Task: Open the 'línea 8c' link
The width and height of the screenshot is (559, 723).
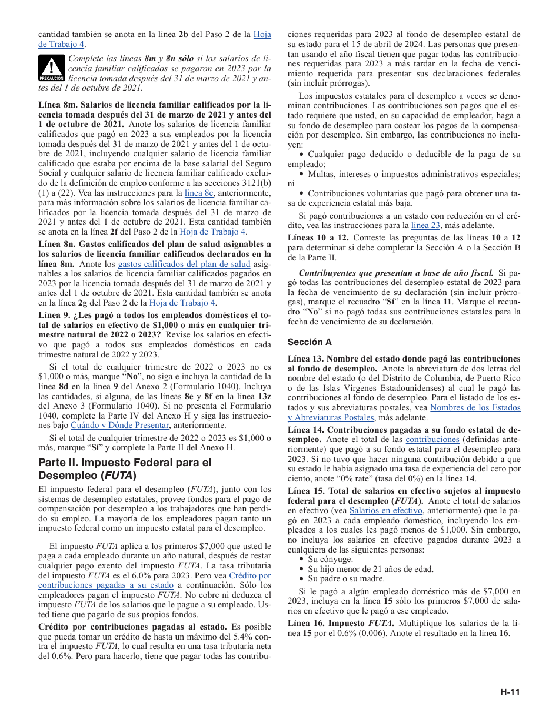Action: click(x=198, y=192)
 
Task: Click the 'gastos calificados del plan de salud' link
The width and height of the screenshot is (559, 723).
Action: click(x=184, y=265)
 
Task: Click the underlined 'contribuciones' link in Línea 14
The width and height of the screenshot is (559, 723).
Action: click(x=432, y=439)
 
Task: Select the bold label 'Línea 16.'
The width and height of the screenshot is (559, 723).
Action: click(x=307, y=623)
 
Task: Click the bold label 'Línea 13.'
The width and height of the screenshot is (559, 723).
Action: click(x=306, y=359)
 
